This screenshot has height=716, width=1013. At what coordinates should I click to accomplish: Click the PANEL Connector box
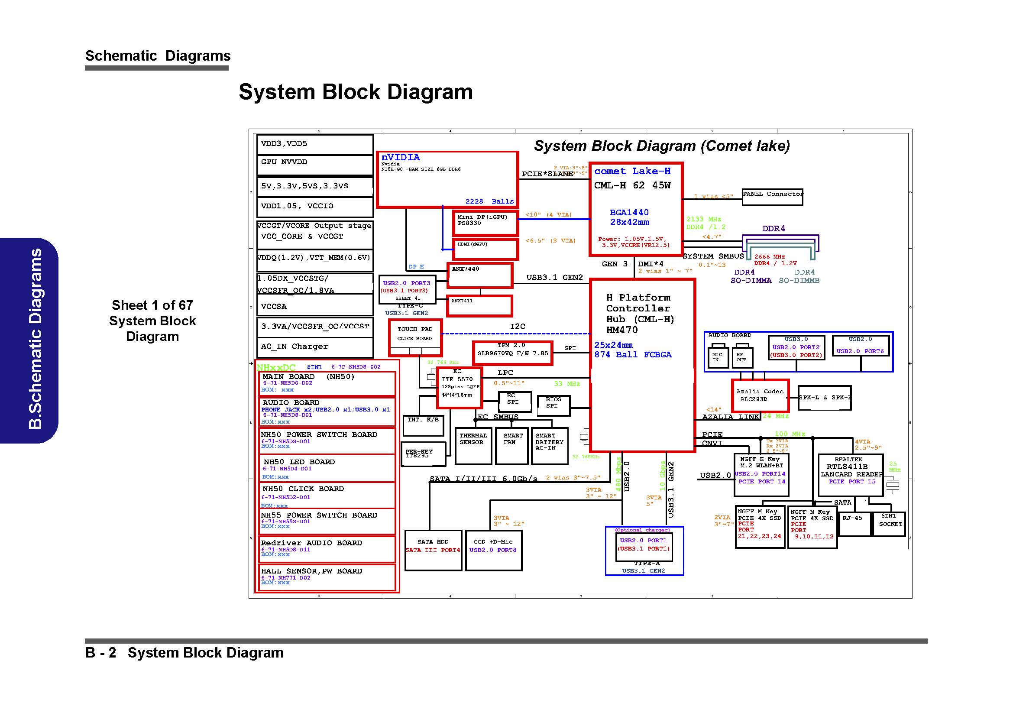pos(772,197)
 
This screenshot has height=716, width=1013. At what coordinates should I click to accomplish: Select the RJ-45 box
pos(854,524)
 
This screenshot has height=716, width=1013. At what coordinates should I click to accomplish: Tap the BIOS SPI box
pos(553,405)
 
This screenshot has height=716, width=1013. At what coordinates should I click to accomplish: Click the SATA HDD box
pos(433,550)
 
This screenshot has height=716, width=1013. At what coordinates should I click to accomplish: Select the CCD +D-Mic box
pos(493,550)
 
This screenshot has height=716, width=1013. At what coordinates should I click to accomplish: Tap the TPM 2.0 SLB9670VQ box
pos(512,353)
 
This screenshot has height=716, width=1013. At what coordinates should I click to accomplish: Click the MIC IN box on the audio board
pos(717,357)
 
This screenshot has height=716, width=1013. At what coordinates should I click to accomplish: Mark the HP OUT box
pos(741,357)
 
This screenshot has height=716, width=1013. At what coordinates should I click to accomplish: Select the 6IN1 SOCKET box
pos(889,524)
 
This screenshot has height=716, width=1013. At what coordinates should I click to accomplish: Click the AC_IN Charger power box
pos(314,347)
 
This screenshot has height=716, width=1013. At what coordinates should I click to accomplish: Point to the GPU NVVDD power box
pos(314,165)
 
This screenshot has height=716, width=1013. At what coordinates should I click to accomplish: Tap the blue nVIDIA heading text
pos(401,158)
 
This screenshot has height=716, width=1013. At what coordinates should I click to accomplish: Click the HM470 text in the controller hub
pos(621,330)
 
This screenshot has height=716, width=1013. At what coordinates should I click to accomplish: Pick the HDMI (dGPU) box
pos(485,249)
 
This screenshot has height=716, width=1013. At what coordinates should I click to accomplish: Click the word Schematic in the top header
pos(121,56)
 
